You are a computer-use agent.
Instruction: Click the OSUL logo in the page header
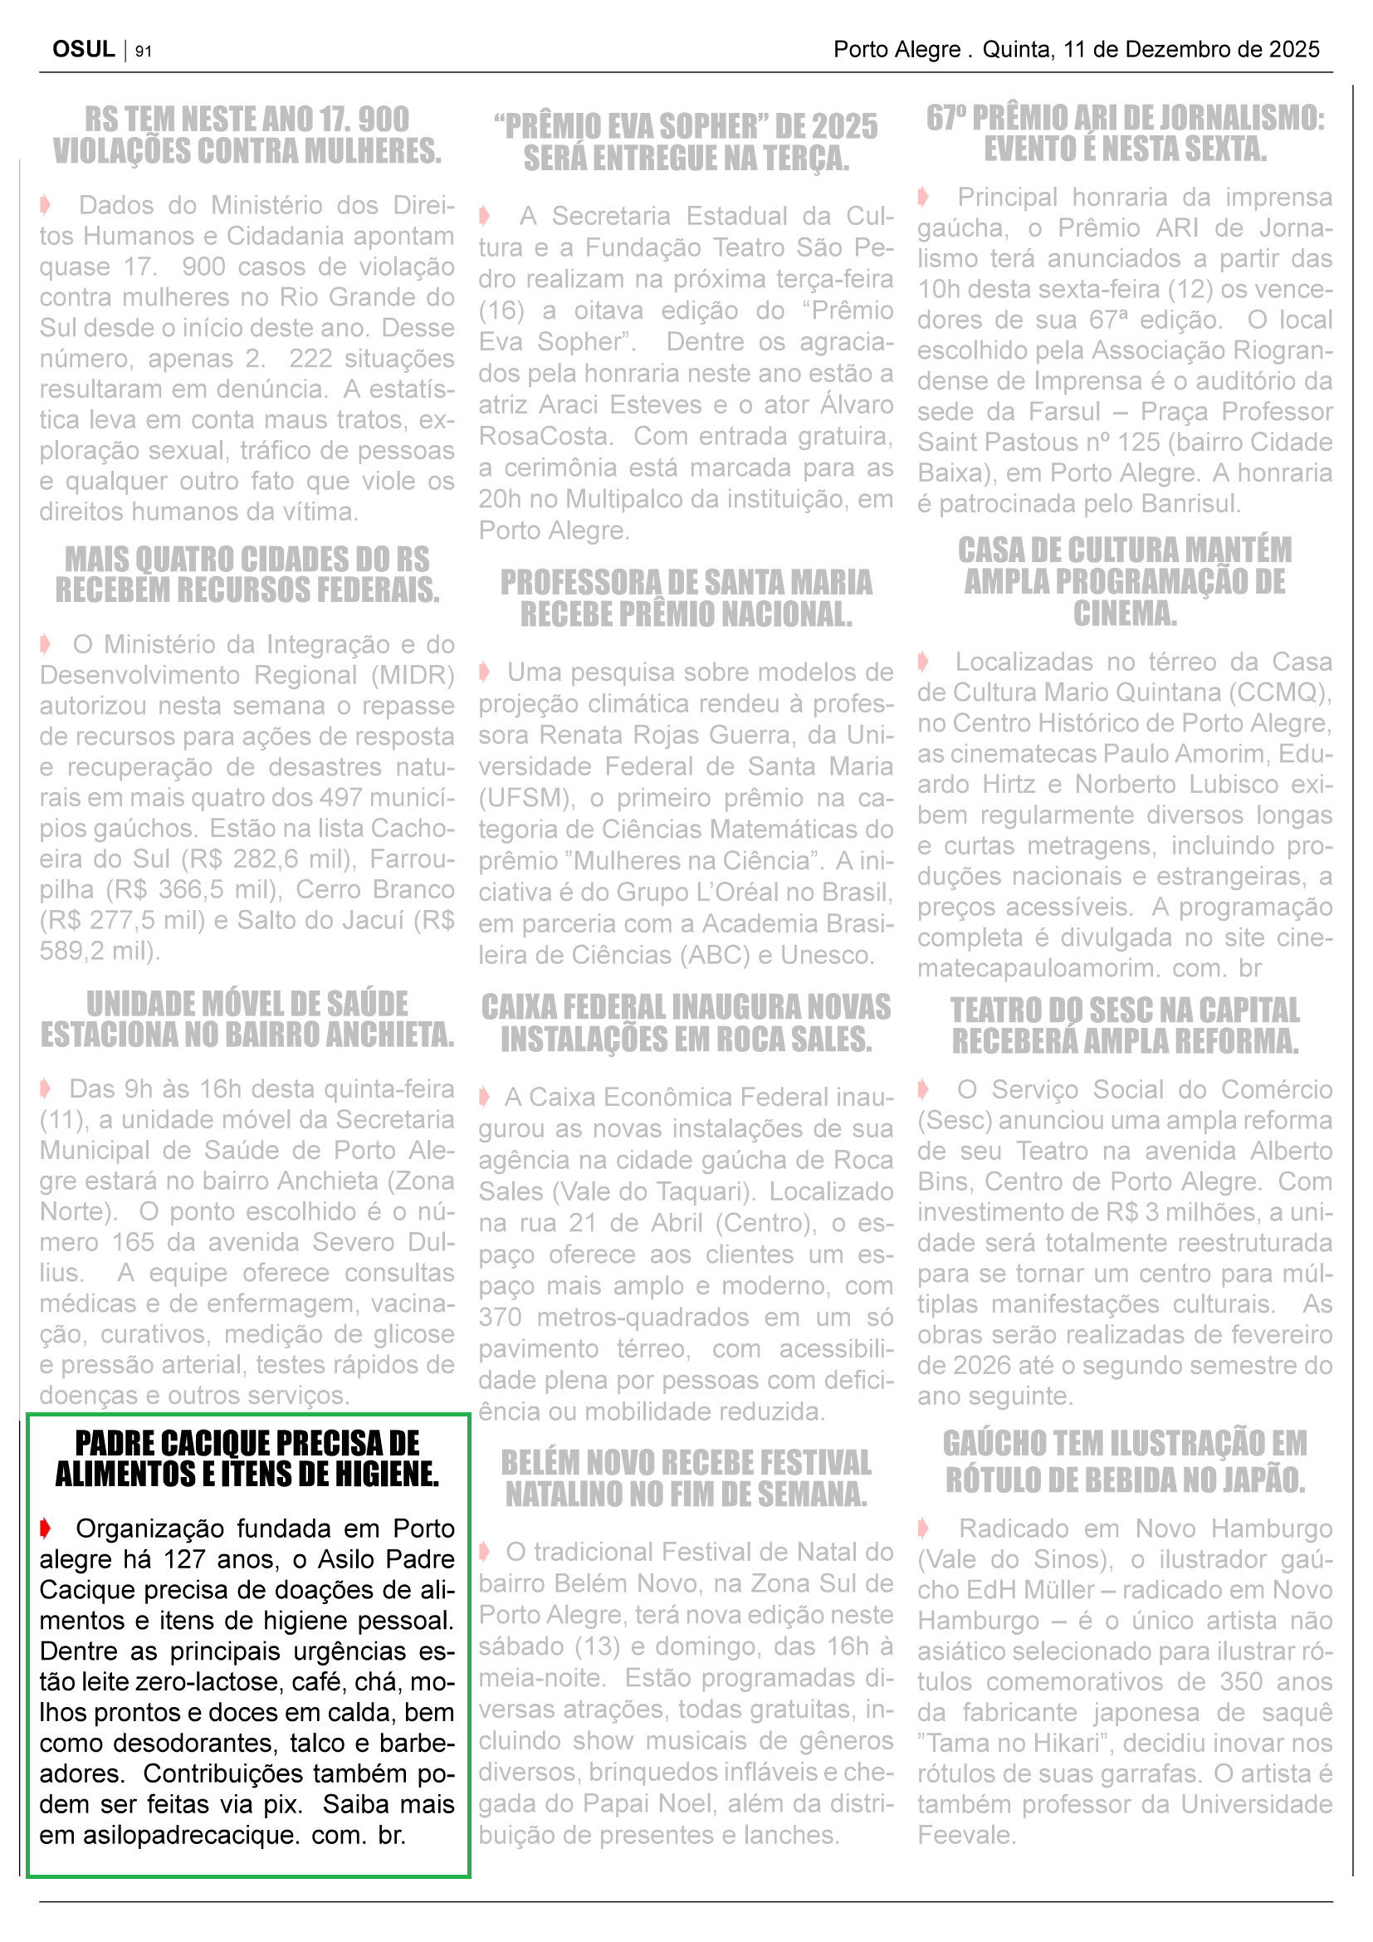coord(83,49)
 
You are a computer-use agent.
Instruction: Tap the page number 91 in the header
coord(144,51)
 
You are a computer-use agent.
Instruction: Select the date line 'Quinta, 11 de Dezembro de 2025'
coord(1150,49)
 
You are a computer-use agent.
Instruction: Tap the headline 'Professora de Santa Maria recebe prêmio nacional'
coord(686,598)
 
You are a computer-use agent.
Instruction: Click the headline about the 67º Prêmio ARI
coord(1125,134)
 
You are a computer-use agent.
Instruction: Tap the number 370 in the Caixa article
coord(500,1317)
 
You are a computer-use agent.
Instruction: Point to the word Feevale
coord(965,1835)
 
